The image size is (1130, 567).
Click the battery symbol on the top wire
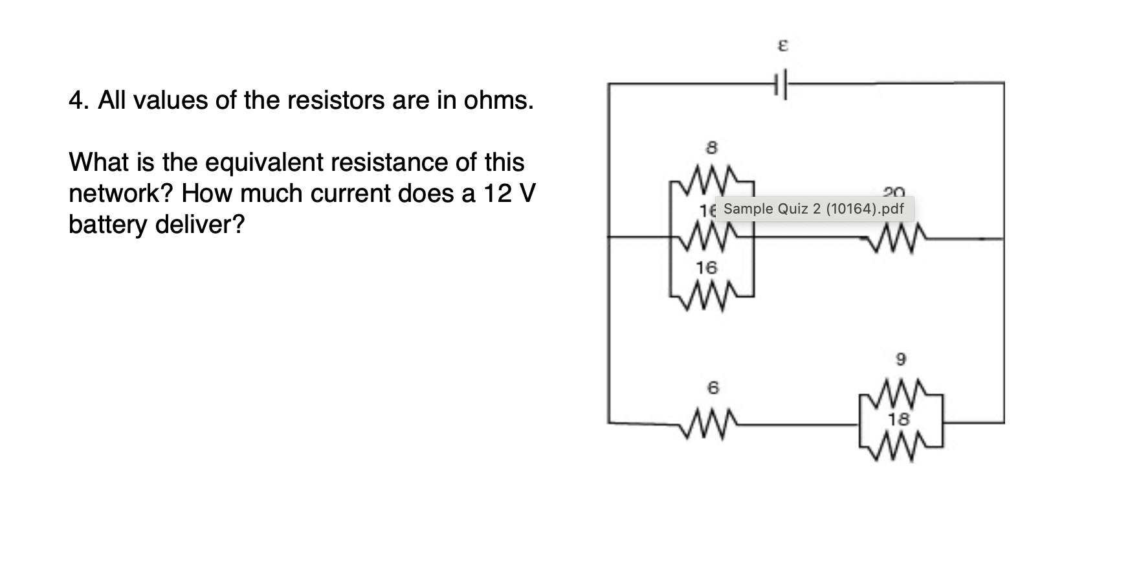(781, 83)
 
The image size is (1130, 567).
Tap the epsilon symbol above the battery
(782, 47)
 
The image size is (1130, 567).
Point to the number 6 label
(713, 388)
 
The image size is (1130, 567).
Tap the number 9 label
(901, 358)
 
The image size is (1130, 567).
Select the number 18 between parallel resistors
(899, 419)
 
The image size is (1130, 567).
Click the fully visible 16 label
(707, 267)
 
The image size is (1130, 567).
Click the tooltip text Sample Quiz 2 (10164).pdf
(814, 209)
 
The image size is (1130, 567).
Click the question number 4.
(76, 101)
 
